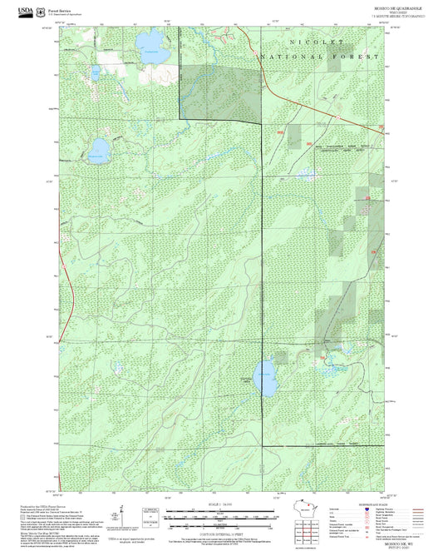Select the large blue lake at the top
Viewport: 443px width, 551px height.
point(150,41)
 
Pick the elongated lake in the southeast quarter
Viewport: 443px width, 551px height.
point(266,379)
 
